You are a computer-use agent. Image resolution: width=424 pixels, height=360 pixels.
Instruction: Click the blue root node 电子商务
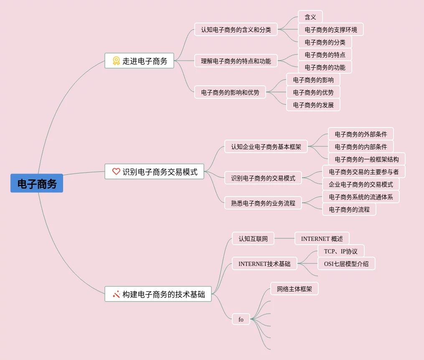point(37,184)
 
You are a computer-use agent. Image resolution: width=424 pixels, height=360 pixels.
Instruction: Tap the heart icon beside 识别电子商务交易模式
point(116,171)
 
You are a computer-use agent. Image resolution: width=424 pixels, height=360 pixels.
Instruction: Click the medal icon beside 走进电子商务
point(116,61)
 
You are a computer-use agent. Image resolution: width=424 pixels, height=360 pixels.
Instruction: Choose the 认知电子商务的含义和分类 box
point(236,30)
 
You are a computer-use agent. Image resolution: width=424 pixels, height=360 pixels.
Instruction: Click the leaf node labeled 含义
point(310,17)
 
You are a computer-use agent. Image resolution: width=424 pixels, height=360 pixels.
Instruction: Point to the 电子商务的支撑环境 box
point(331,30)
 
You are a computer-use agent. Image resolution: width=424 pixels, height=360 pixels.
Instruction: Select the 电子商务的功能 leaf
point(325,67)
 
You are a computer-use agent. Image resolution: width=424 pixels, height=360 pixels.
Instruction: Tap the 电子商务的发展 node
point(313,105)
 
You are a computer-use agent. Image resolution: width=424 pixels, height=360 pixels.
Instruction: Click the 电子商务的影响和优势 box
point(230,92)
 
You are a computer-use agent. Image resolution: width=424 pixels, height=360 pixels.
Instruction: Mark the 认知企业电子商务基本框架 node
point(266,147)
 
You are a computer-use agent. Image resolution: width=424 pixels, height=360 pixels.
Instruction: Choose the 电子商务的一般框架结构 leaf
point(367,159)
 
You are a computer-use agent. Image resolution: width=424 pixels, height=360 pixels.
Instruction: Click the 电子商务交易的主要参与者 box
point(364,172)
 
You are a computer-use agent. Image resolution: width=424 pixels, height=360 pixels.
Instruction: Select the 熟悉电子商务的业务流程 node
point(263,203)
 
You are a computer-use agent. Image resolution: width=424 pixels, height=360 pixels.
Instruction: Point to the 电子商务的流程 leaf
point(349,209)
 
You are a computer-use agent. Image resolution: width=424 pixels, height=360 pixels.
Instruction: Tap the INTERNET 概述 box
point(322,239)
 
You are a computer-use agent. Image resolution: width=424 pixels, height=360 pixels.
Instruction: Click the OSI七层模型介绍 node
point(346,264)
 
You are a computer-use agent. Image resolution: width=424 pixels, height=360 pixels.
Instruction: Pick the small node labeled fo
point(241,319)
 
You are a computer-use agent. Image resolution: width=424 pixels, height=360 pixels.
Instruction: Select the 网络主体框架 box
point(295,289)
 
